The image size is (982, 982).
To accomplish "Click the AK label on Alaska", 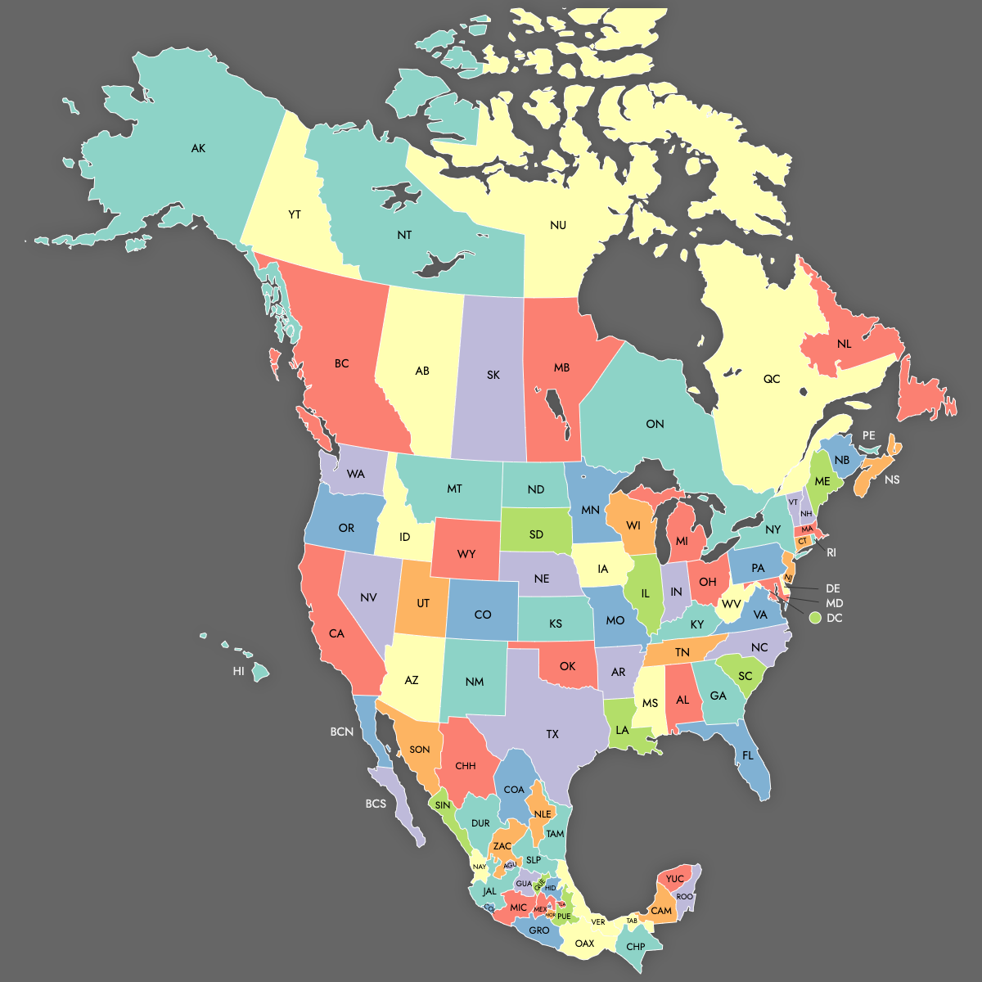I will click(198, 148).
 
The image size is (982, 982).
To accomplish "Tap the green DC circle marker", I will click(815, 618).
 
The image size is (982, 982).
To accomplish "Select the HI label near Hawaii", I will click(238, 671).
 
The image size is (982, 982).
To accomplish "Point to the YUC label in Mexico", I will click(674, 879).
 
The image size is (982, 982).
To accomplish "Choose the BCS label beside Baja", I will click(376, 804).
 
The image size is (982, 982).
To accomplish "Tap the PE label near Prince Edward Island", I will click(868, 436).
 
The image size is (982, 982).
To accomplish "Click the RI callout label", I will click(831, 552).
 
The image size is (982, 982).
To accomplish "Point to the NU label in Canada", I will click(558, 225).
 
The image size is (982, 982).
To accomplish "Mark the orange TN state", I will click(682, 651).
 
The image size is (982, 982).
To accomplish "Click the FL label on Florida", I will click(748, 755).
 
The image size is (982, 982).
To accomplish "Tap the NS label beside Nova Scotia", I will click(892, 480).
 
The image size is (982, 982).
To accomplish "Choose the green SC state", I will click(745, 675).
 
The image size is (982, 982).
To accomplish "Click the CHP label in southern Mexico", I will click(636, 947).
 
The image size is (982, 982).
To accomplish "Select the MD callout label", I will click(834, 603).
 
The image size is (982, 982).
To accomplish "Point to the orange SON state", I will click(419, 749).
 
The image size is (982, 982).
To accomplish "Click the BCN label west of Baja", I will click(342, 731).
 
